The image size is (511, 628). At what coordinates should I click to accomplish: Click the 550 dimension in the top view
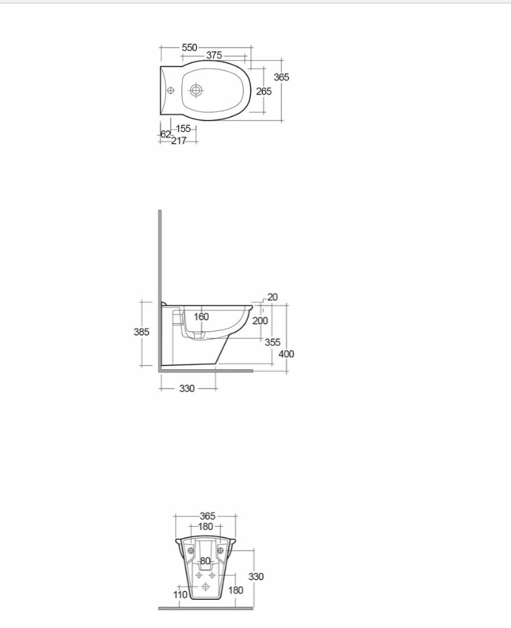190,48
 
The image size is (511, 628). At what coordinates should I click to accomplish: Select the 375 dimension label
214,55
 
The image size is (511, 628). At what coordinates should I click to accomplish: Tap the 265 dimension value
264,91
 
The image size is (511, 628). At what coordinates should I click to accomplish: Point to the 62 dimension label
165,134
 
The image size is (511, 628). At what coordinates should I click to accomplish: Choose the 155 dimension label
184,129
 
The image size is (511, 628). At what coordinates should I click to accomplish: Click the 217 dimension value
179,141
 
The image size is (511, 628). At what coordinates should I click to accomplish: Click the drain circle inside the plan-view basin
196,90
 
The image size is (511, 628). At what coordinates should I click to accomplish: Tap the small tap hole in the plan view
171,90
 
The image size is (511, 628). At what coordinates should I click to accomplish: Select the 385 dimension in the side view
141,332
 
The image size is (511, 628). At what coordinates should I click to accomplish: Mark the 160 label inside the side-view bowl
202,317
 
